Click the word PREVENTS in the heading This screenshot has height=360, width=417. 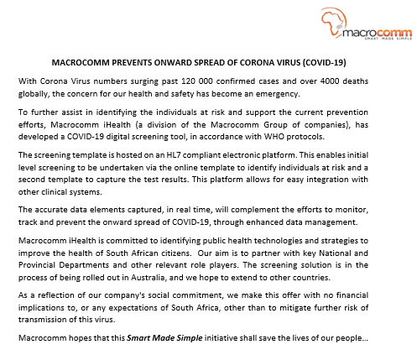click(131, 63)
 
